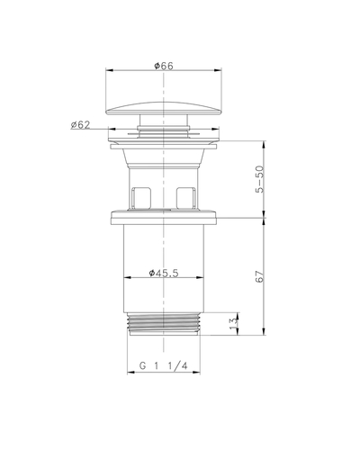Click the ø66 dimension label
click(164, 66)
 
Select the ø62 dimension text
click(80, 124)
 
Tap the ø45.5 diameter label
click(164, 273)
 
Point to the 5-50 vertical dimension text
click(260, 179)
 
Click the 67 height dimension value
click(260, 276)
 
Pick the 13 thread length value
click(234, 323)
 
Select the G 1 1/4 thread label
click(164, 366)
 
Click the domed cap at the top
click(164, 108)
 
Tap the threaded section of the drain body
click(164, 324)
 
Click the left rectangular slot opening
click(141, 197)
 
